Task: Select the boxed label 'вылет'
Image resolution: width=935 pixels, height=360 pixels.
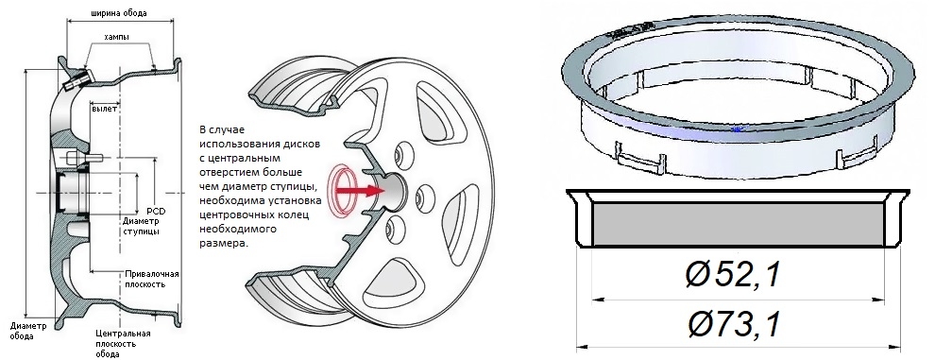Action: [104, 109]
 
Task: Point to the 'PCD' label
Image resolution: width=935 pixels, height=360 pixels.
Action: [156, 212]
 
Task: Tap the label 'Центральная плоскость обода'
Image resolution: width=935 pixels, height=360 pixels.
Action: [123, 343]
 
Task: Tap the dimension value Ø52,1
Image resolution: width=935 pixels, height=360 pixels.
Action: [733, 276]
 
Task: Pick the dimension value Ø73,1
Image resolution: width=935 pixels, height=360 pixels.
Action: [734, 325]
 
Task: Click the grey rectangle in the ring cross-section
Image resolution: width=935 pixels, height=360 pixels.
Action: [738, 224]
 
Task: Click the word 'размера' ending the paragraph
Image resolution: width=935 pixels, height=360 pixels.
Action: [223, 244]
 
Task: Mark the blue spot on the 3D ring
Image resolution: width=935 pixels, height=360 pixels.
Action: [738, 129]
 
